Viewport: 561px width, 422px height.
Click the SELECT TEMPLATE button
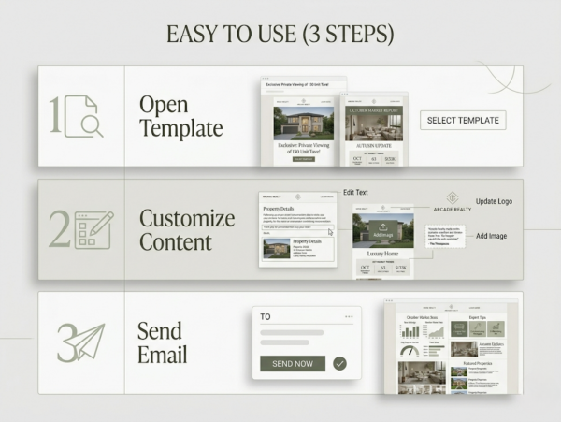point(463,120)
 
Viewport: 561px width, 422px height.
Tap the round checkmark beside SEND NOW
point(339,363)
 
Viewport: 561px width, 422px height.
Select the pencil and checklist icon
point(93,230)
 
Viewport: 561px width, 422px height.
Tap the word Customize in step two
point(187,219)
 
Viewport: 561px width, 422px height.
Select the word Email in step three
point(162,355)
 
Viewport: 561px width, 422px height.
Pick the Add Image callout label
point(491,236)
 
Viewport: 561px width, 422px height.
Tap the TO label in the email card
point(266,317)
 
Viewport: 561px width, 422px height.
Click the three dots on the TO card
point(349,317)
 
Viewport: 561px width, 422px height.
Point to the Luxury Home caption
point(383,254)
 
